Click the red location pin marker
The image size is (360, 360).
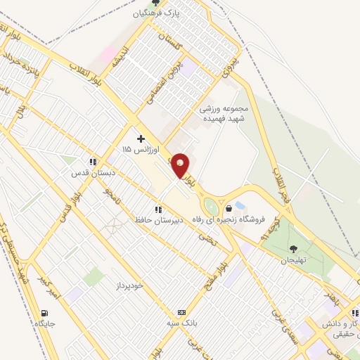point(181,165)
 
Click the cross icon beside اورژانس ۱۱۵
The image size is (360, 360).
point(141,139)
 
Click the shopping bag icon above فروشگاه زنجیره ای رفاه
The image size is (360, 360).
point(229,208)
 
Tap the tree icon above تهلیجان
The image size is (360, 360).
point(294,248)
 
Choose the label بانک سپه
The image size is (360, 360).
point(181,323)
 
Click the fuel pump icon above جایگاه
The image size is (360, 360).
point(46,313)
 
